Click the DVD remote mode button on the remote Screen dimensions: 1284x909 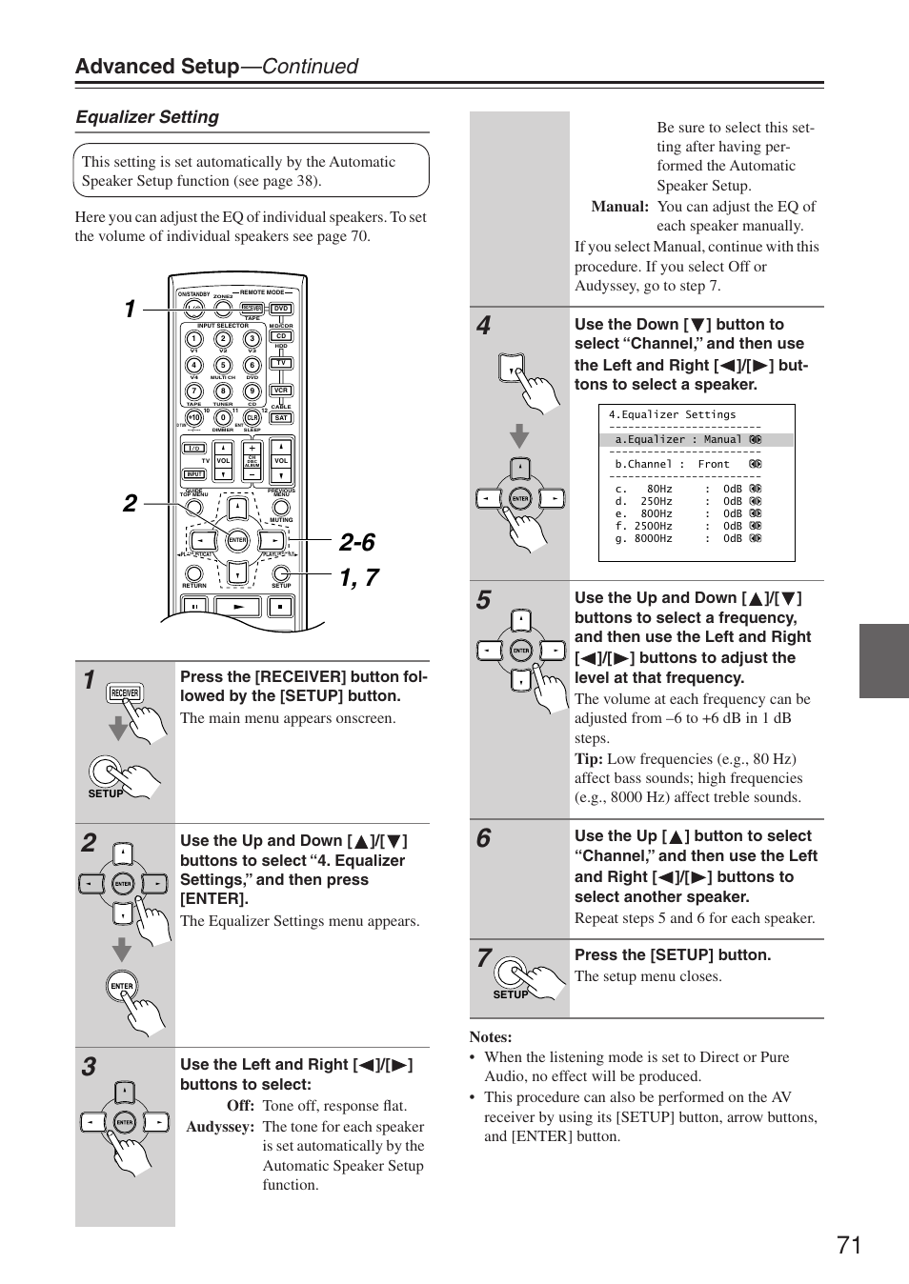281,309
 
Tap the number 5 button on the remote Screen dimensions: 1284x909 223,365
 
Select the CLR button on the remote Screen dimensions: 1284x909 252,417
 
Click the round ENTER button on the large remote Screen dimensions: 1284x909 237,540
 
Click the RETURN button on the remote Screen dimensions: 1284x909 194,572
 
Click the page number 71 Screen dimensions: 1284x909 849,1245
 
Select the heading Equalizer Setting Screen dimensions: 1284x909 148,117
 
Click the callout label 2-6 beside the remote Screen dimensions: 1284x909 356,542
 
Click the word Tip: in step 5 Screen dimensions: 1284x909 588,758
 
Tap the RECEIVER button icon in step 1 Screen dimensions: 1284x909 125,693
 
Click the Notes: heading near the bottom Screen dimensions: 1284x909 491,1037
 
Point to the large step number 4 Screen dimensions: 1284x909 484,326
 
